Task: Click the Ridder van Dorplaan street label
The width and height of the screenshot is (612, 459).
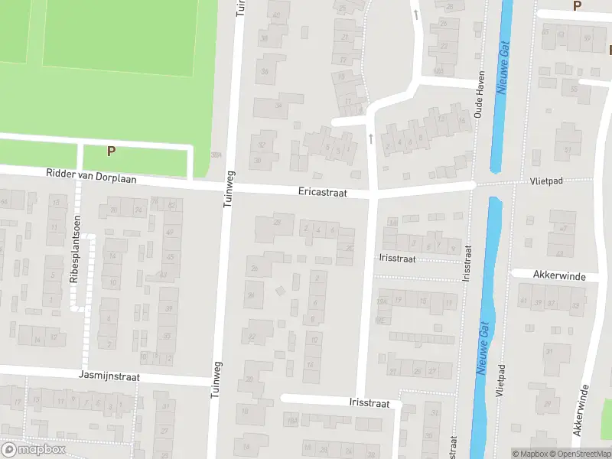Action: coord(91,176)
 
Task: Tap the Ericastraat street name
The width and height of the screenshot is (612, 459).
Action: coord(323,194)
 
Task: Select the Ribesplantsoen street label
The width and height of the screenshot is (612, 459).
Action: coord(75,249)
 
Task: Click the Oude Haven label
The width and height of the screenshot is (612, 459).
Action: coord(480,99)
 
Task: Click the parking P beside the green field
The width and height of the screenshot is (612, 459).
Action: coord(111,151)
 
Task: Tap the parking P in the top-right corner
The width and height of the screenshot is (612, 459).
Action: coord(577,6)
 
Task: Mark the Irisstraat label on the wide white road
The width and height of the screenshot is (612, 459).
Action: coord(369,403)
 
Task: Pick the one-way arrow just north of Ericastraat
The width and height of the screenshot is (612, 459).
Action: coord(370,138)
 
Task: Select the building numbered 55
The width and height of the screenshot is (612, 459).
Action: coord(575,90)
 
